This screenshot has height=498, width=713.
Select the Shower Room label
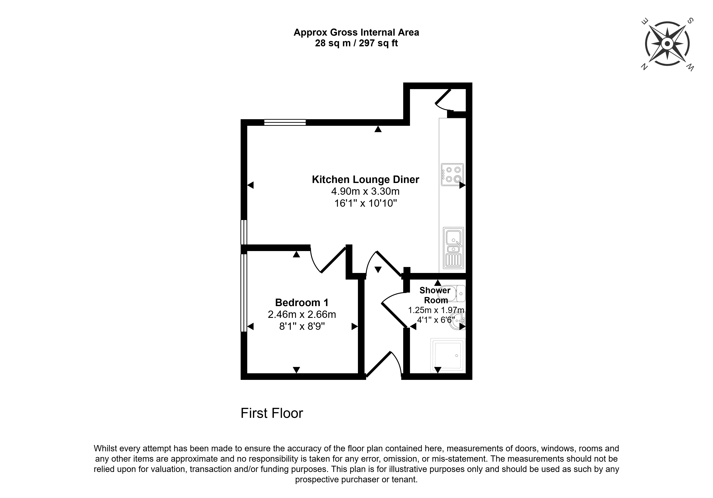tap(435, 295)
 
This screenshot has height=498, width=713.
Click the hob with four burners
tap(452, 174)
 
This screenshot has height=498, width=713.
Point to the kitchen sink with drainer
tap(454, 248)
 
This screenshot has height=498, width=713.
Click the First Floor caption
tap(272, 413)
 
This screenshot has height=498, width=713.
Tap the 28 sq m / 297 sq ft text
tap(356, 43)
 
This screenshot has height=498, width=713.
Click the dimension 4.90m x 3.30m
tap(365, 191)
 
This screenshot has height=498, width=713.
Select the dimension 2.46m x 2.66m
tap(302, 314)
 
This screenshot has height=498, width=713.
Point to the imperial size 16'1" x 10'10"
tap(366, 203)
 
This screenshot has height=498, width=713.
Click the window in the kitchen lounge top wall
tap(285, 122)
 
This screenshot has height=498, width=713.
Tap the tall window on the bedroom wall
tap(244, 293)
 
